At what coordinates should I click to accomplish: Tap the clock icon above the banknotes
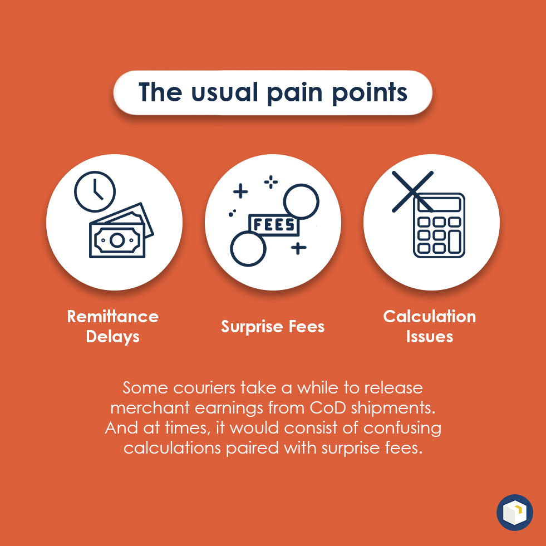tap(95, 191)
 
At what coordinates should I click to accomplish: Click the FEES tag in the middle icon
tap(274, 225)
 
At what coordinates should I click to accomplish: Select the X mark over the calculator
tap(412, 191)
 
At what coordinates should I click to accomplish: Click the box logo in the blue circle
tap(515, 512)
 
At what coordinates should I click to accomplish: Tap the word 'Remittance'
tap(113, 317)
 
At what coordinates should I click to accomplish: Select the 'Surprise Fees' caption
tap(273, 327)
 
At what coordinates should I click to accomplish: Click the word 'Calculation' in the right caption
tap(429, 317)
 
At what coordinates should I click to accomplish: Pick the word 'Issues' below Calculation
tap(429, 337)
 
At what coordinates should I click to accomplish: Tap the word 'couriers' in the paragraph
tap(204, 388)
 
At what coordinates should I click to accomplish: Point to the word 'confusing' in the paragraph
tap(402, 429)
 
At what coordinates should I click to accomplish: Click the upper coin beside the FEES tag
tap(301, 201)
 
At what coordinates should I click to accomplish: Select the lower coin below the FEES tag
tap(248, 249)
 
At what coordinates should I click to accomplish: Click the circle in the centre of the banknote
tap(117, 240)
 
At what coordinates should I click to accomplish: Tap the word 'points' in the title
tap(370, 93)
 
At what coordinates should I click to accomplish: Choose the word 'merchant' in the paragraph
tap(150, 408)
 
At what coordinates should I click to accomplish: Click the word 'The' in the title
tap(160, 92)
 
